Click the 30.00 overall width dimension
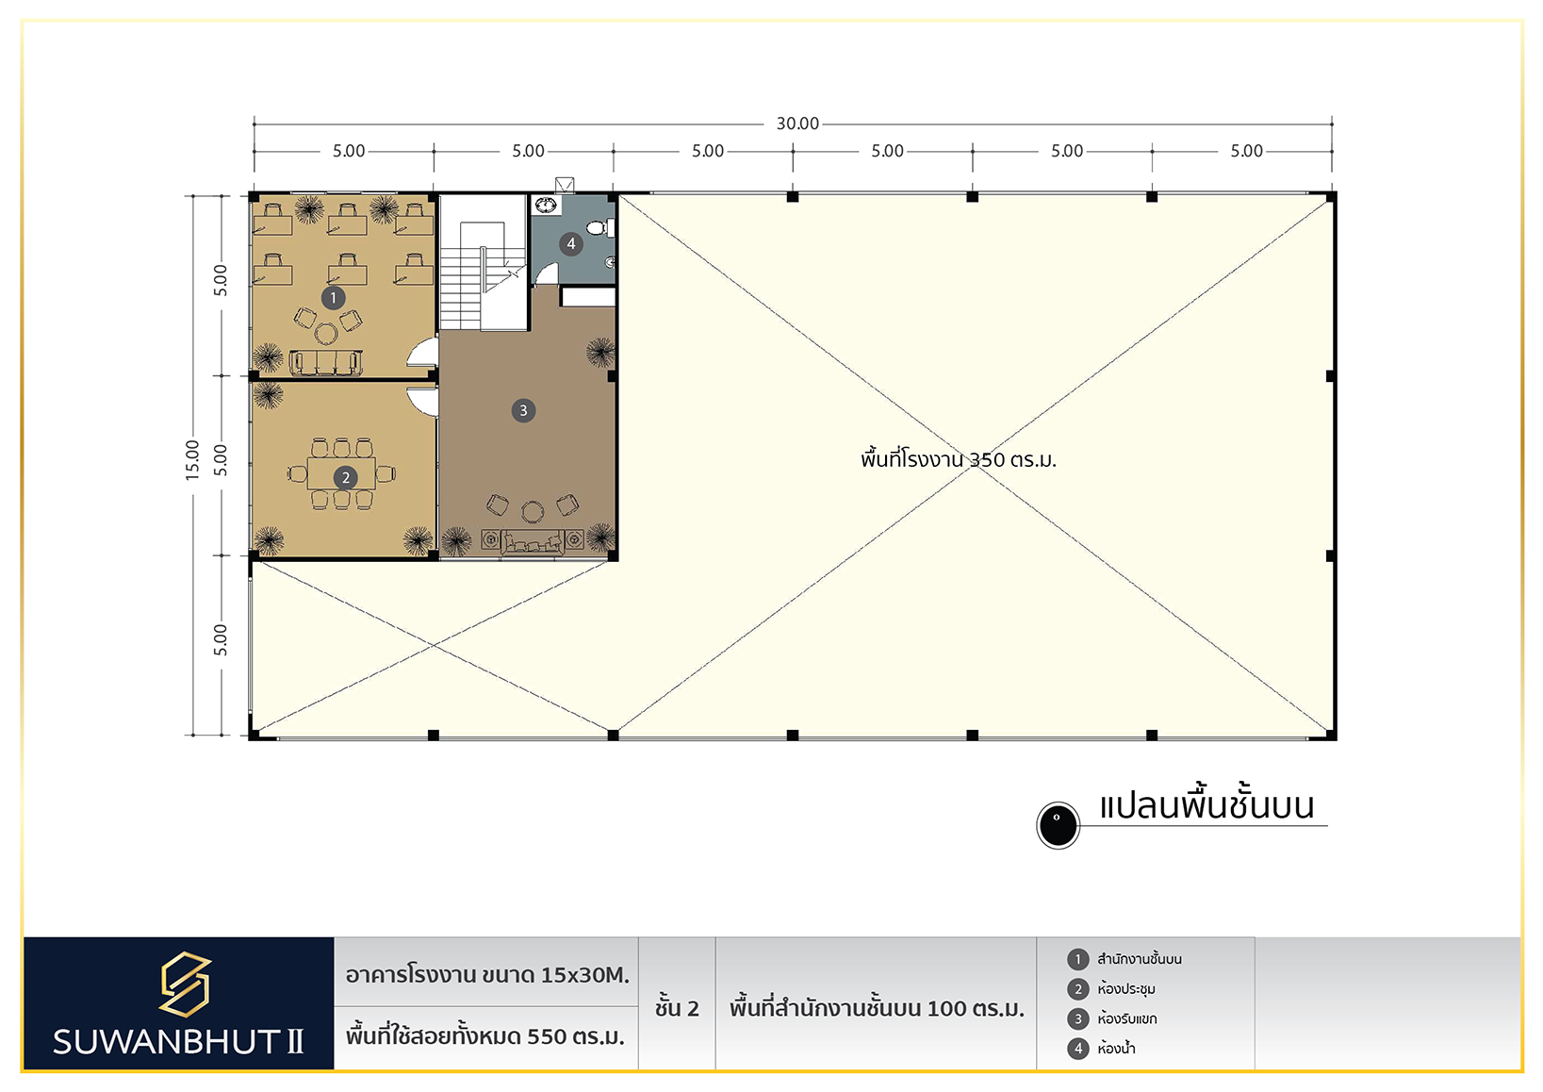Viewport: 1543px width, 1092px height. pos(797,124)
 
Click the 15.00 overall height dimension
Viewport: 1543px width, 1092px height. pos(192,459)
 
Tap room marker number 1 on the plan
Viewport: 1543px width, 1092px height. pos(334,298)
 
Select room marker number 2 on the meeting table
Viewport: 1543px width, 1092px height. pos(345,477)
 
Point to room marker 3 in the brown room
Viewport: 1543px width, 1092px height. pos(523,410)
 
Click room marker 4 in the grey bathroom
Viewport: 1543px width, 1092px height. pos(571,243)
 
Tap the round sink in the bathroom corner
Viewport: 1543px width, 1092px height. pos(547,206)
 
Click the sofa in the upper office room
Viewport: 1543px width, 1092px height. pos(326,362)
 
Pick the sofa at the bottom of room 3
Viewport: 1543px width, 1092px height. pos(533,541)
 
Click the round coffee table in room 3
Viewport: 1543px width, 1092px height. pos(533,512)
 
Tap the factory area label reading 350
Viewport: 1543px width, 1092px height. pos(989,459)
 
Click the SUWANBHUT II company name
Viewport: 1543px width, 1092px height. pos(178,1041)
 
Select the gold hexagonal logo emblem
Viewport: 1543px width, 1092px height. pos(185,984)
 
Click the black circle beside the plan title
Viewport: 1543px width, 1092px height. pos(1059,825)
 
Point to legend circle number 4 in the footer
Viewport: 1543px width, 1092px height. pos(1078,1049)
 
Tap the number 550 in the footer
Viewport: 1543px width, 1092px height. pos(547,1036)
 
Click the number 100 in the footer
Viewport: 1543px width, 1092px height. pos(946,1009)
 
